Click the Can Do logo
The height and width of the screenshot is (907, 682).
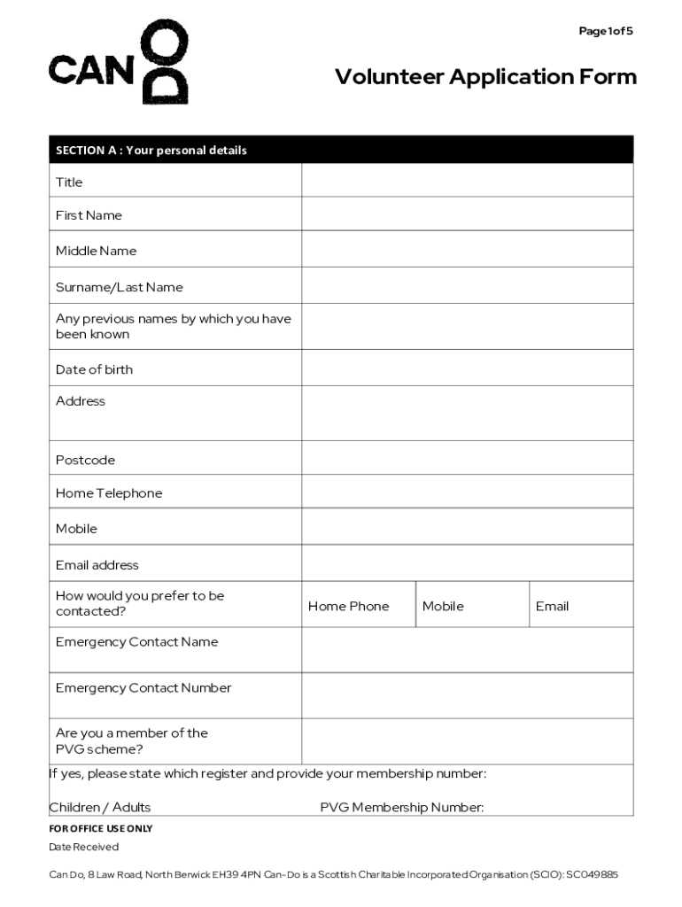(119, 64)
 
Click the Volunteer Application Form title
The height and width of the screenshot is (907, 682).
(485, 77)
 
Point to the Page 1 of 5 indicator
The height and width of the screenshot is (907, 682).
(606, 31)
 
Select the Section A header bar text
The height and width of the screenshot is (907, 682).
(151, 151)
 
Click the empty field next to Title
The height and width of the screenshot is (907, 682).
(467, 181)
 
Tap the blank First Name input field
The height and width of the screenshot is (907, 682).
(467, 214)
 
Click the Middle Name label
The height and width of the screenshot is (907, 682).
(97, 251)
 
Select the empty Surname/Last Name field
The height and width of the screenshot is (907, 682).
(467, 286)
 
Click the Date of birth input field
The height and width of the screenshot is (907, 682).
(467, 368)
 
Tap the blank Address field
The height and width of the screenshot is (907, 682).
(467, 414)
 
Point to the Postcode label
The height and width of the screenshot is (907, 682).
(86, 460)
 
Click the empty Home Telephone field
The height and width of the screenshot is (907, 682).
(467, 492)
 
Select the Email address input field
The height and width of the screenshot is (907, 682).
(467, 563)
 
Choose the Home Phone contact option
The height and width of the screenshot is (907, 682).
(349, 606)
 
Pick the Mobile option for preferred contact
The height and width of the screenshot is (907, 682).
(443, 606)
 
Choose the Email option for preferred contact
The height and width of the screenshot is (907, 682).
(552, 606)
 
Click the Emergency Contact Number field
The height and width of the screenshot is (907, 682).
(467, 695)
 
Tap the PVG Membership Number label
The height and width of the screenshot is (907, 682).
(402, 807)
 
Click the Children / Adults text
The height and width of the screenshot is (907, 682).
(100, 807)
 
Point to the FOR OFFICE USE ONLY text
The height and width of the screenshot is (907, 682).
(101, 828)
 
